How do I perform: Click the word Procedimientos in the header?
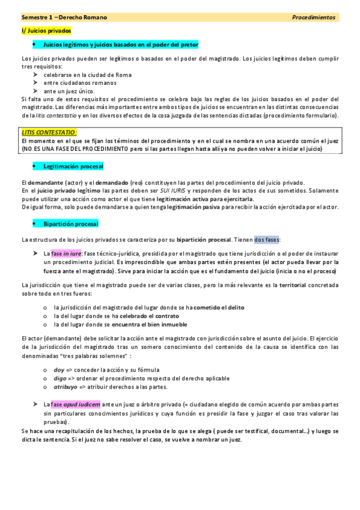(314, 17)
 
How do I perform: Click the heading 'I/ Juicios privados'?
(46, 30)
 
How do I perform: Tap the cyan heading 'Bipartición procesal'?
(70, 224)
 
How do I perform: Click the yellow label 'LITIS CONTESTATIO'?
(49, 131)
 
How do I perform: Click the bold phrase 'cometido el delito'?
(219, 307)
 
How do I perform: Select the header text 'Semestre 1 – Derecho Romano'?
(64, 17)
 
